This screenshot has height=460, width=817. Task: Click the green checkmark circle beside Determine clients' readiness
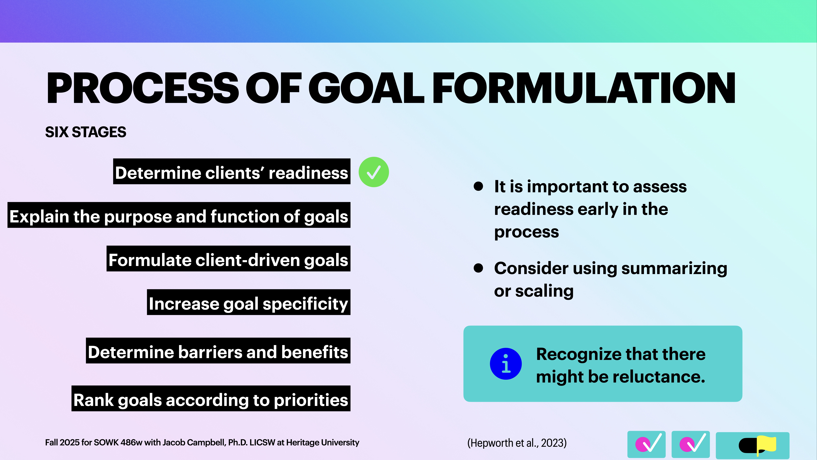pos(374,172)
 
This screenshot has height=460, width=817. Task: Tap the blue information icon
pos(506,364)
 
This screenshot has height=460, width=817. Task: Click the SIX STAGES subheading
pos(86,132)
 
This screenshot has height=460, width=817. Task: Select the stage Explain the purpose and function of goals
pos(179,217)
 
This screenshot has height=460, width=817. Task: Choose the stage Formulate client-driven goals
pos(228,260)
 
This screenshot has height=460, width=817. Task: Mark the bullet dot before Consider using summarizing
pos(478,268)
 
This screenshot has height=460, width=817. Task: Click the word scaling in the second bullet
pos(544,291)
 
